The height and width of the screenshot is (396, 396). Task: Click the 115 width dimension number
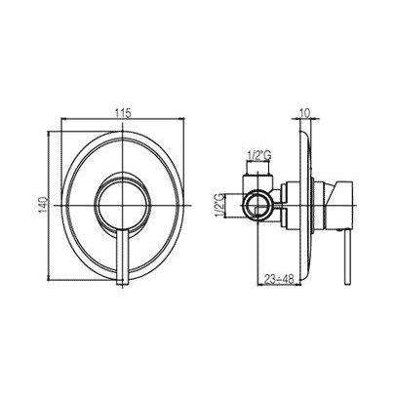(122, 113)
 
